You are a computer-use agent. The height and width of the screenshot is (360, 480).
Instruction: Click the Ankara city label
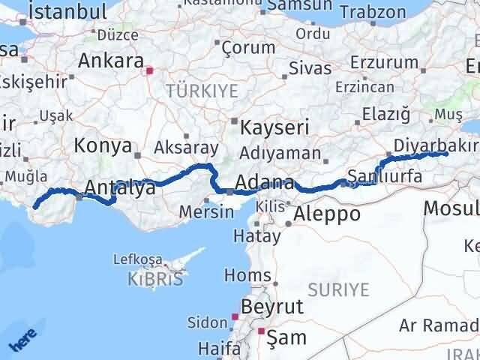pyautogui.click(x=110, y=60)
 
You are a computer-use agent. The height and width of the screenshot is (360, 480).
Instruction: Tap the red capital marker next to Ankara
pyautogui.click(x=150, y=71)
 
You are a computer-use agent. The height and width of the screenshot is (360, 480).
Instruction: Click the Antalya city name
pyautogui.click(x=120, y=188)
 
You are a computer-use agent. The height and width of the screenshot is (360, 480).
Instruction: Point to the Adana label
pyautogui.click(x=264, y=182)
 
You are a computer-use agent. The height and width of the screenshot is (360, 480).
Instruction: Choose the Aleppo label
pyautogui.click(x=327, y=214)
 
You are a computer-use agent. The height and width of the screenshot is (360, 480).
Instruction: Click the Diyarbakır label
pyautogui.click(x=436, y=145)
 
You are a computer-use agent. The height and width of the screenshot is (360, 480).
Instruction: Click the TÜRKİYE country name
pyautogui.click(x=202, y=91)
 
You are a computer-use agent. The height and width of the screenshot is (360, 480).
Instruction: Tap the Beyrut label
pyautogui.click(x=272, y=307)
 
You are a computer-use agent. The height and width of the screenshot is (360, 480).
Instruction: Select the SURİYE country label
pyautogui.click(x=342, y=289)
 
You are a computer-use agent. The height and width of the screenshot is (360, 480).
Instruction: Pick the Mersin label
pyautogui.click(x=206, y=211)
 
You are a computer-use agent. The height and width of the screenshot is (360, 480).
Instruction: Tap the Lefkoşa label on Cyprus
pyautogui.click(x=136, y=259)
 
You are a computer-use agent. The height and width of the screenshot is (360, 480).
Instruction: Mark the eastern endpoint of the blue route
pyautogui.click(x=445, y=154)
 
